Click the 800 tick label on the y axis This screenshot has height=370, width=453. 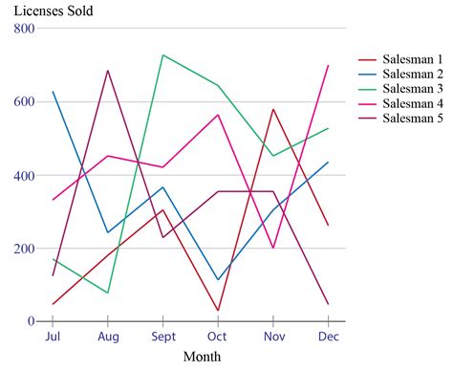23,29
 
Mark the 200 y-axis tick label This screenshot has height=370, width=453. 23,249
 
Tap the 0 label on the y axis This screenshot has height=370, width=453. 31,322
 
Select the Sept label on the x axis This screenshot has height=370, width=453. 163,337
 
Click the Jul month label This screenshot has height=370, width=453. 53,337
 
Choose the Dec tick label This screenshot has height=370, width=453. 328,337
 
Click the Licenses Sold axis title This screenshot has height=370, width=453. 53,11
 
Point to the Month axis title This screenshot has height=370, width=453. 202,357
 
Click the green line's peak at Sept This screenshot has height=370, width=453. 163,54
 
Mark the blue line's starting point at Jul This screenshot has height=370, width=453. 53,92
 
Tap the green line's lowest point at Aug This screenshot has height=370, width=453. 108,293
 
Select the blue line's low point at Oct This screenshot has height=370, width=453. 218,280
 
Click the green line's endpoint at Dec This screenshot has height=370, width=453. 328,128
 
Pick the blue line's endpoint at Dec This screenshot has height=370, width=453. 328,163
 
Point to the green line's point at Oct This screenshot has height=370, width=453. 218,85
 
